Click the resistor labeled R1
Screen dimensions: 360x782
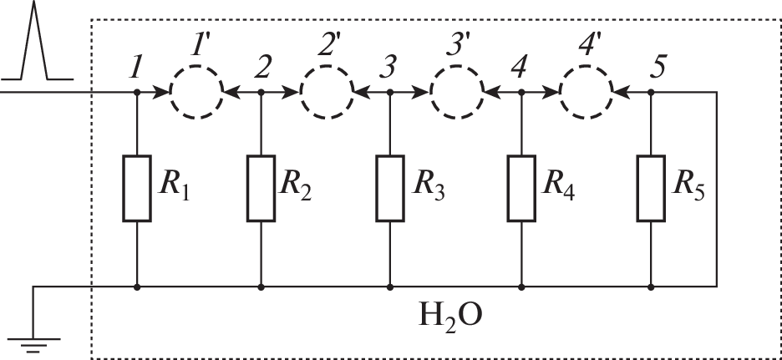tap(136, 188)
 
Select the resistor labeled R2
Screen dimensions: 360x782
tap(261, 188)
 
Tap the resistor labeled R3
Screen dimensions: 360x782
tap(390, 188)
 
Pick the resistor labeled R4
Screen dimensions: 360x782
tap(520, 188)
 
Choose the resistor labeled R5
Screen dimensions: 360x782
tap(650, 188)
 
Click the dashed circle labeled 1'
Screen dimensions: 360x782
tap(196, 91)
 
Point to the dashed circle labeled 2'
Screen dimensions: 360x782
tap(327, 91)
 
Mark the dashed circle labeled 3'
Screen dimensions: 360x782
tap(456, 91)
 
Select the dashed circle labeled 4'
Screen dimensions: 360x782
tap(586, 91)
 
